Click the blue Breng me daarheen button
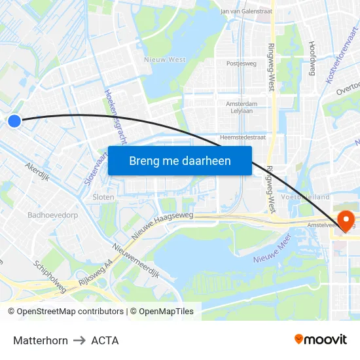(179, 160)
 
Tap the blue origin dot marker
(14, 120)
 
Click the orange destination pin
(344, 220)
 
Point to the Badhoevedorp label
(52, 215)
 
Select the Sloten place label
(103, 197)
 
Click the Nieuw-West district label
(164, 60)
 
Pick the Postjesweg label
(241, 64)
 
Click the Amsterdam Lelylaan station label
(241, 107)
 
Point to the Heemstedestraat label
(243, 137)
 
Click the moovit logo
(320, 340)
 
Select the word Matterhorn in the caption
(41, 340)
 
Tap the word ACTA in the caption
(105, 340)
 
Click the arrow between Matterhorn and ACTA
(79, 340)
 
